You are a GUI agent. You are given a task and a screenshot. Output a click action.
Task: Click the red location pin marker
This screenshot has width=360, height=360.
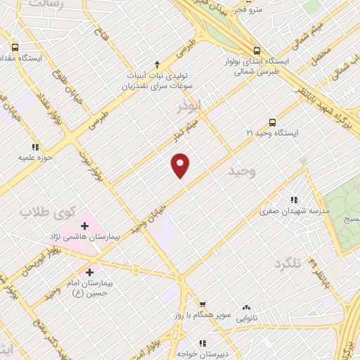[x=181, y=165]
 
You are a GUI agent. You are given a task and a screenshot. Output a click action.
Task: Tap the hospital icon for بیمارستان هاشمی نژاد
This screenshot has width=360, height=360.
[x=84, y=226]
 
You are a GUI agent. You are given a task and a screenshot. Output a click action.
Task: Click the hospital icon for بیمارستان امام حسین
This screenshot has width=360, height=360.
[x=89, y=271]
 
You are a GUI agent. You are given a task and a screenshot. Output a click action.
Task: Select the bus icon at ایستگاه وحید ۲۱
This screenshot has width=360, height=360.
[x=272, y=121]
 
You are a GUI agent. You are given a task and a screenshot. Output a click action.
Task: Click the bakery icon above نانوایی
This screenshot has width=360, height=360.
[x=246, y=307]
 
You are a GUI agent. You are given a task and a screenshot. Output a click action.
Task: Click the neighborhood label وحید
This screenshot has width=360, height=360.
[x=242, y=172]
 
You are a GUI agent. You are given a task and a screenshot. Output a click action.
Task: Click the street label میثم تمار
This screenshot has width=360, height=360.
[x=187, y=134]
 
